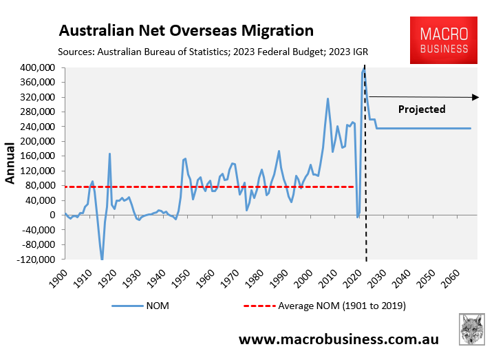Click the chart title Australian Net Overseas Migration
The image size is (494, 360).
[186, 31]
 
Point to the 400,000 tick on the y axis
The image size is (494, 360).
[36, 67]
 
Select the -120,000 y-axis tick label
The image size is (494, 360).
[35, 260]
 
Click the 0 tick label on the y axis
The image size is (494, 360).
[53, 215]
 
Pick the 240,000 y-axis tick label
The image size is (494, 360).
[36, 127]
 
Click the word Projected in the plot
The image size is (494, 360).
[422, 109]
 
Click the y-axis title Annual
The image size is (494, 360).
[11, 163]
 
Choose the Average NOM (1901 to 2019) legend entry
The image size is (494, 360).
[323, 306]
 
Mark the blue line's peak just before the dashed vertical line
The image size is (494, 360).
[363, 70]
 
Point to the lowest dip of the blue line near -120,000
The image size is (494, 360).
[102, 259]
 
